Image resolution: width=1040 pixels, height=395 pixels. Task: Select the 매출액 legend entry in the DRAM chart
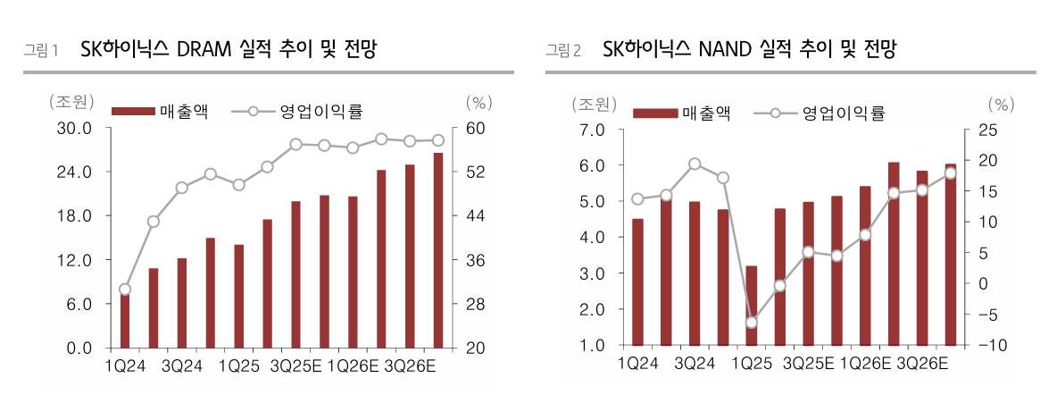click(x=161, y=112)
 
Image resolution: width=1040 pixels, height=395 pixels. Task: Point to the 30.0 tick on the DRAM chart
click(x=75, y=128)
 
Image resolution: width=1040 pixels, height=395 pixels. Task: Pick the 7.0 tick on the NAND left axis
click(x=594, y=130)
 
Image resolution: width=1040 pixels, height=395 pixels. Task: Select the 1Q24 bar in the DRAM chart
click(x=125, y=319)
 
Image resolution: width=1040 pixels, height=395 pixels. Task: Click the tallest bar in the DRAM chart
click(x=438, y=250)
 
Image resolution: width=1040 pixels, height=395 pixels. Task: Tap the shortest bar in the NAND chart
click(x=752, y=305)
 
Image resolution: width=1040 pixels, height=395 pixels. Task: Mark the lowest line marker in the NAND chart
click(x=752, y=323)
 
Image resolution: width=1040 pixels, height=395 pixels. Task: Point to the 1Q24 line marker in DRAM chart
click(x=125, y=290)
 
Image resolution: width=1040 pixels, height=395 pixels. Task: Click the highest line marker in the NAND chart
click(x=695, y=164)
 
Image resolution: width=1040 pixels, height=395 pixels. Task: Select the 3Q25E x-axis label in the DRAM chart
click(x=295, y=366)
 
